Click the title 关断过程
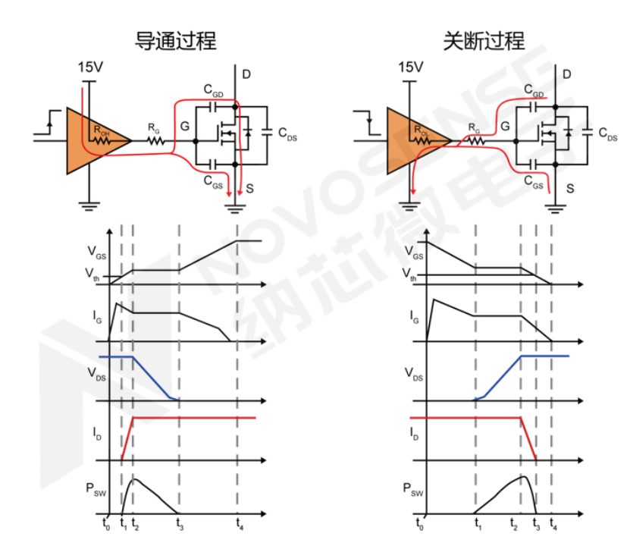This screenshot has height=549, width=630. tap(484, 41)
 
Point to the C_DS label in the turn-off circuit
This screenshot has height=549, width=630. tap(607, 134)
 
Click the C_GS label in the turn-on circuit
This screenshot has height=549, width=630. tap(213, 180)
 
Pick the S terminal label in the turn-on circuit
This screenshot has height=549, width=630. tap(249, 185)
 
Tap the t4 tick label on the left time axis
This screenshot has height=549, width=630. tap(240, 522)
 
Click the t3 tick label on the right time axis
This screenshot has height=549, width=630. tap(537, 522)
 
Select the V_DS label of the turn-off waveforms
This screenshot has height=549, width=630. tap(414, 373)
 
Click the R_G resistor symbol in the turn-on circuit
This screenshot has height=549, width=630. tap(155, 140)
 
